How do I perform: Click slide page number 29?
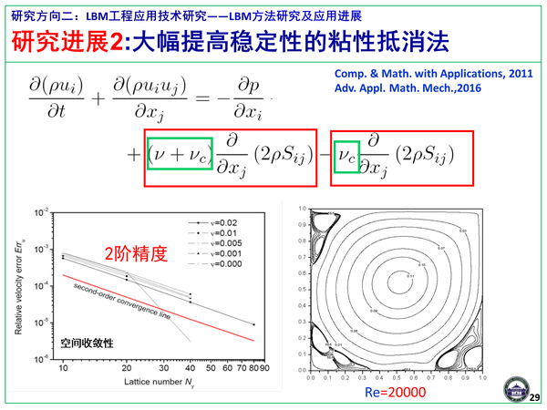(x=534, y=396)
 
